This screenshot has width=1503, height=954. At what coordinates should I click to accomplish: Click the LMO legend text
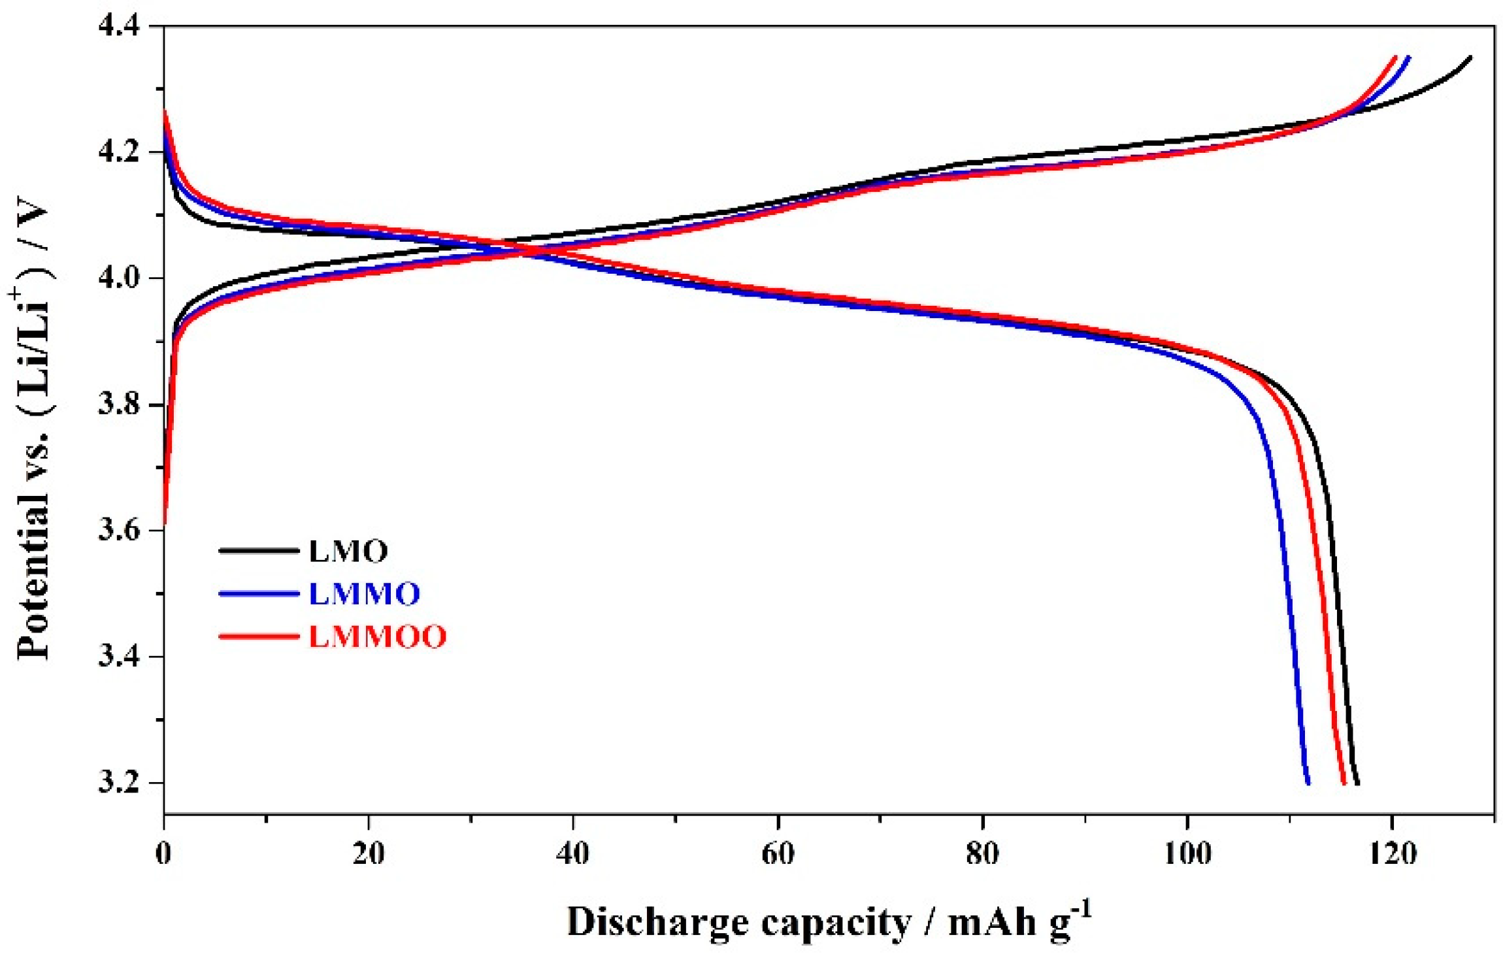(x=348, y=551)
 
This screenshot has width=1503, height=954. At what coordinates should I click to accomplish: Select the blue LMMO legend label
(x=364, y=594)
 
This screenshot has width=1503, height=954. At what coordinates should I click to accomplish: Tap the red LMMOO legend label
(x=377, y=636)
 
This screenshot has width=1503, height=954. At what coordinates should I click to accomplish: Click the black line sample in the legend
(x=259, y=551)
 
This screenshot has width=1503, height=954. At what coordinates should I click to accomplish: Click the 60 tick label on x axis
(x=778, y=853)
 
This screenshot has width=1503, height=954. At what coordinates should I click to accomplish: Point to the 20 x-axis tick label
(x=369, y=853)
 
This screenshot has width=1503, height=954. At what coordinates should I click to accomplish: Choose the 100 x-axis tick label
(x=1187, y=853)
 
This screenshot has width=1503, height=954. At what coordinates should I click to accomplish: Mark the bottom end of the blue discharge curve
(x=1308, y=783)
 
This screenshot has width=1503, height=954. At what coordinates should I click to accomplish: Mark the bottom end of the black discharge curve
(x=1358, y=783)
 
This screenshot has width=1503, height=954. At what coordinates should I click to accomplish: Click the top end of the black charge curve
(x=1471, y=58)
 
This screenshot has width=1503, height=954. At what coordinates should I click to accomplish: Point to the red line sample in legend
(x=259, y=636)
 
